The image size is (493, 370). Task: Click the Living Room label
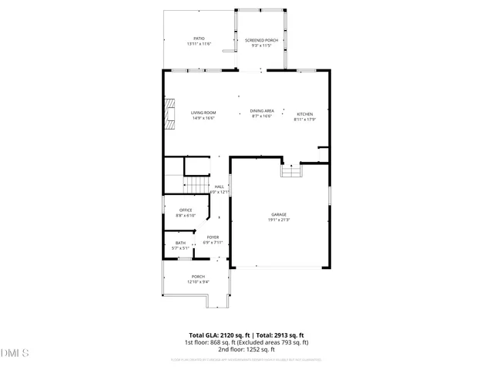coord(203,113)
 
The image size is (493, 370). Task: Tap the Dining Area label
coord(262,111)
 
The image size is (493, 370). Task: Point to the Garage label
coord(278,214)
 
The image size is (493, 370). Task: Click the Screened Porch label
coord(260,40)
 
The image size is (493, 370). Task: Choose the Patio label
coord(199,39)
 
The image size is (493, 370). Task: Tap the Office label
coord(186,210)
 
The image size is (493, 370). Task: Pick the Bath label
coord(180,244)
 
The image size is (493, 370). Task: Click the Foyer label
coord(213,237)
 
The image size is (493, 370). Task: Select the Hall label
coord(220,187)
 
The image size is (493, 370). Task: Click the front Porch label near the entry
coord(198,277)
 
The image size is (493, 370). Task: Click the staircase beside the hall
coord(196,186)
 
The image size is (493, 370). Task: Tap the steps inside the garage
coord(290,171)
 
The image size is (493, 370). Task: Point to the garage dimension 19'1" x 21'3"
coord(278,220)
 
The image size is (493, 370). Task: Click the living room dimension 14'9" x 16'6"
coord(203,118)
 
